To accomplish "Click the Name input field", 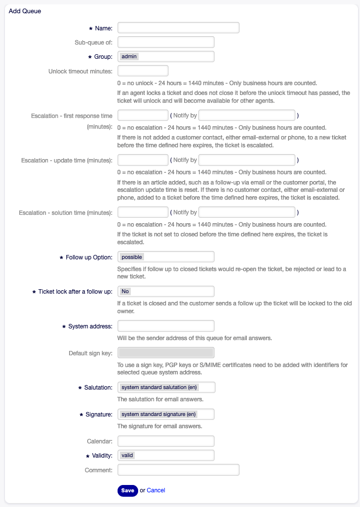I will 178,28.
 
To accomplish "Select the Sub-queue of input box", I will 166,42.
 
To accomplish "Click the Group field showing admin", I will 166,56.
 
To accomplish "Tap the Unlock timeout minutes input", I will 143,70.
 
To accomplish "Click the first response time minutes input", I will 143,115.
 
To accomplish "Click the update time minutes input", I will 143,160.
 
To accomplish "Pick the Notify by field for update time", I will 247,160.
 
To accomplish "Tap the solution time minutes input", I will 143,212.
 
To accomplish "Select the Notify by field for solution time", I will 247,212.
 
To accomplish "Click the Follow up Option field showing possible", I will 166,256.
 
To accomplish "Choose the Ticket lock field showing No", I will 166,291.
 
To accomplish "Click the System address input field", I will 166,326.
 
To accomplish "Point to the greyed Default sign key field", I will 166,353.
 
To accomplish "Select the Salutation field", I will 166,387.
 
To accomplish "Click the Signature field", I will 166,414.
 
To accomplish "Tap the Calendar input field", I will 166,441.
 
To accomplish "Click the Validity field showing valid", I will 166,455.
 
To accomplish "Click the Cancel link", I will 156,490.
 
